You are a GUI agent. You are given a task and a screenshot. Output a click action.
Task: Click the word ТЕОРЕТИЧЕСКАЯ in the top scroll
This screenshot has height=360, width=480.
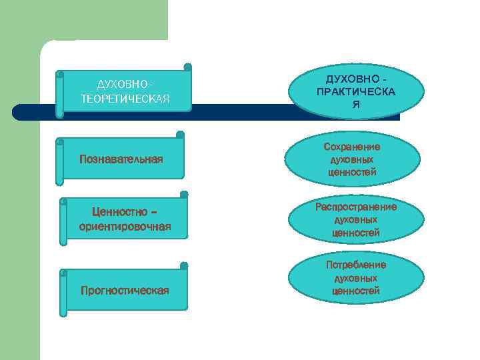(x=125, y=99)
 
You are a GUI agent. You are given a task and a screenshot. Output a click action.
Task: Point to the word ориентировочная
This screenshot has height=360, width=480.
(x=125, y=227)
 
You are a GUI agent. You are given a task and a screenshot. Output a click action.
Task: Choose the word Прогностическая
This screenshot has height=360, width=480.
(x=124, y=290)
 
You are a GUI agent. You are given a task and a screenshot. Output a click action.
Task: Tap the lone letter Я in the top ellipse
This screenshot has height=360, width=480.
(x=356, y=105)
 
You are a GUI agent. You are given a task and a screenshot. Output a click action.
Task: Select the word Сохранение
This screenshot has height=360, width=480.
(x=352, y=147)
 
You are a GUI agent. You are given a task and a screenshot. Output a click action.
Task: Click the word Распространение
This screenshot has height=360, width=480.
(x=356, y=207)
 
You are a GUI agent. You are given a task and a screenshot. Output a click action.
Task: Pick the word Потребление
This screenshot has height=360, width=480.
(x=356, y=265)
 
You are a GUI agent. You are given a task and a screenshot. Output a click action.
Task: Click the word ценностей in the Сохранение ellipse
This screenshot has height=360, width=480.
(x=352, y=172)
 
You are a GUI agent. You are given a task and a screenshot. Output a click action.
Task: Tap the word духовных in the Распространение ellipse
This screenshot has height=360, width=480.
(x=356, y=219)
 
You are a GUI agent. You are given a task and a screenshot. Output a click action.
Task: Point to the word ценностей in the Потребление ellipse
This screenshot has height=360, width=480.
(x=356, y=291)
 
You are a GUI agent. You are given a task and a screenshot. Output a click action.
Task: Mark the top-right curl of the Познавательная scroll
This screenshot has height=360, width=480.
(x=181, y=134)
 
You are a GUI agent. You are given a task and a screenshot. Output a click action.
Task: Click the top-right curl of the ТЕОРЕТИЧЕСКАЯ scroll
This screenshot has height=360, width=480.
(x=187, y=67)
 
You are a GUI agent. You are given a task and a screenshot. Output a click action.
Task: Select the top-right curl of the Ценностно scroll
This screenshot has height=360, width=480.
(x=184, y=194)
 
